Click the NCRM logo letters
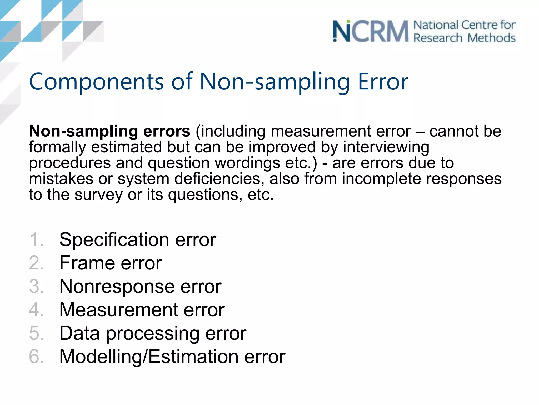click(x=371, y=32)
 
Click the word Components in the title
click(x=96, y=82)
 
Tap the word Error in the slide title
click(x=383, y=82)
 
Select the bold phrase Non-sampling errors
click(x=109, y=131)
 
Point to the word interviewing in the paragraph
click(x=386, y=147)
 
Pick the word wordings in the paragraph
click(x=247, y=163)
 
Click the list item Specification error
click(x=138, y=240)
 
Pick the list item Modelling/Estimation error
click(x=172, y=356)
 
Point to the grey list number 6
click(x=36, y=356)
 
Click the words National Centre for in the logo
click(x=464, y=25)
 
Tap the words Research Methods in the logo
click(x=464, y=38)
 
